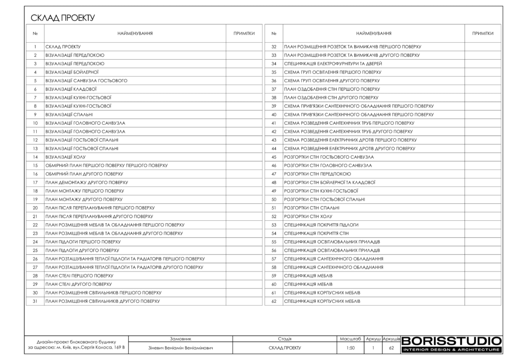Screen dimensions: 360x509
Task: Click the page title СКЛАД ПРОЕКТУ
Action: tap(63, 18)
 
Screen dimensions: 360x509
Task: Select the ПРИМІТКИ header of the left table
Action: tap(244, 33)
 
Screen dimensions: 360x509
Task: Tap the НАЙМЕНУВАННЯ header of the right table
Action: tap(374, 33)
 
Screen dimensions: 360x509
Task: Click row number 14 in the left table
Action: tap(35, 157)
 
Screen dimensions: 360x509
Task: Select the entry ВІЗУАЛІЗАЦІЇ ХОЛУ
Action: tap(66, 157)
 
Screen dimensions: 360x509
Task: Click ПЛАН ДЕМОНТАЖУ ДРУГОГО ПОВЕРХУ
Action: tap(83, 182)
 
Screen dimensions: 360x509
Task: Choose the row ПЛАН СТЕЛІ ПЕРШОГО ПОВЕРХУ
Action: tap(79, 275)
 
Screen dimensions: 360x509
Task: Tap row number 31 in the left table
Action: tap(35, 301)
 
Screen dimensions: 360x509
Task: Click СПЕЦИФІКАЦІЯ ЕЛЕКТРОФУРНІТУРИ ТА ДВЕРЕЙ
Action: tap(333, 64)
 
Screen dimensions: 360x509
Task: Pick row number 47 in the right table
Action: tap(274, 174)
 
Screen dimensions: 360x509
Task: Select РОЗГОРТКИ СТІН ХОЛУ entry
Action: tap(308, 216)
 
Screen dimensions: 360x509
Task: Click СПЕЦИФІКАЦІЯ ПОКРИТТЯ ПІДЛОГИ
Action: tap(321, 224)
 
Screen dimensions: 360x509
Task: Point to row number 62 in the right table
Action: tap(274, 301)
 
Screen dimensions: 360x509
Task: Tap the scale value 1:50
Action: tap(350, 348)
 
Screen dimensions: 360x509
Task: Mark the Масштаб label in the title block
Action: tap(350, 338)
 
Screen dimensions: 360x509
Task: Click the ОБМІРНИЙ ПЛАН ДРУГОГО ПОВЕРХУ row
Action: tap(84, 174)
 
